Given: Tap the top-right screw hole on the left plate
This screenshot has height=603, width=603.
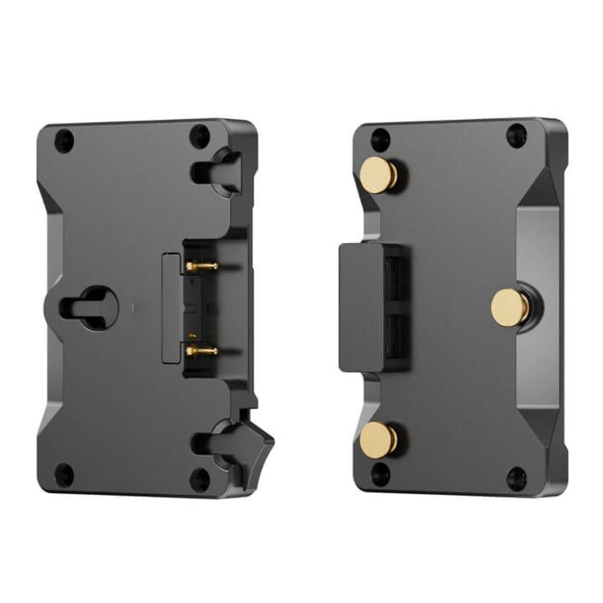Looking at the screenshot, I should [195, 134].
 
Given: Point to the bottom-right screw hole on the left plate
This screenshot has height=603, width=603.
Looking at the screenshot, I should [197, 479].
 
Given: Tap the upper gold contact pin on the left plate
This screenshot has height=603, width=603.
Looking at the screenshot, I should [202, 265].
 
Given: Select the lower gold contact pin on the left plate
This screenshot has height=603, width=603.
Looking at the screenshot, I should [202, 350].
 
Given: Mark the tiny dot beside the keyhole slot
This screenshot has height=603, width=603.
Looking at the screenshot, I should [131, 306].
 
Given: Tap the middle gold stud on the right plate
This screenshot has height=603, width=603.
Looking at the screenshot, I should [509, 306].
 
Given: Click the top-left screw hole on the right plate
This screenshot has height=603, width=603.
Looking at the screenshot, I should [380, 138].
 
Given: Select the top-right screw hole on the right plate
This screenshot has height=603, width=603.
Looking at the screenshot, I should [515, 135].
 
